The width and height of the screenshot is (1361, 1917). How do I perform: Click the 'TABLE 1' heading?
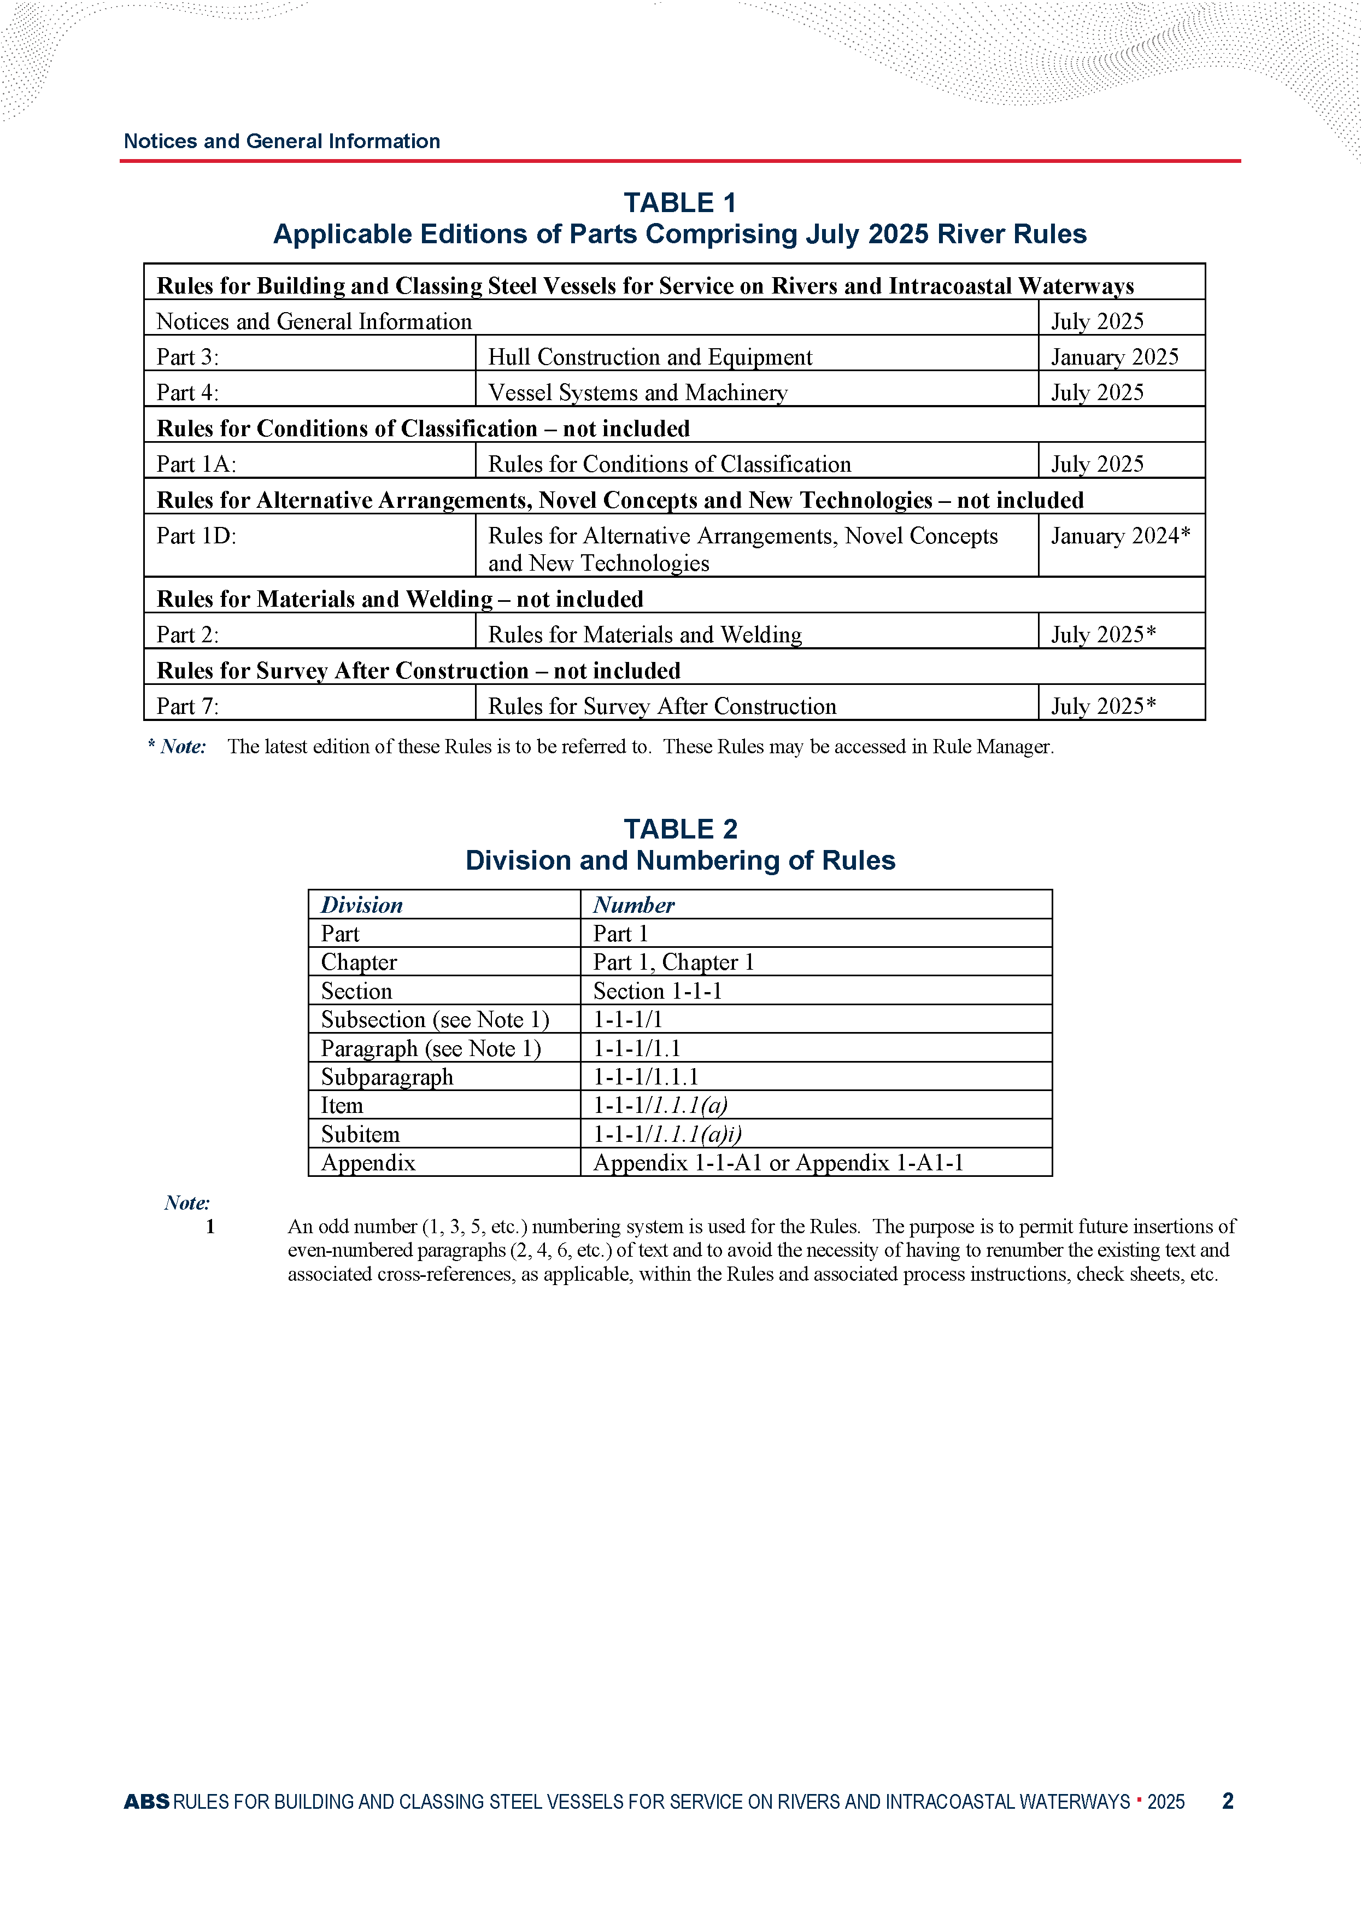[x=679, y=203]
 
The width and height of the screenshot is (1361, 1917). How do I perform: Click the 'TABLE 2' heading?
[x=679, y=829]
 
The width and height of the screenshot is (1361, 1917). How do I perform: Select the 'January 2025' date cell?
[x=1114, y=357]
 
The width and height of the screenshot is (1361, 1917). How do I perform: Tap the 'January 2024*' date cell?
[x=1119, y=536]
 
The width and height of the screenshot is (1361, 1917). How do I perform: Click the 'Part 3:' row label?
[x=187, y=357]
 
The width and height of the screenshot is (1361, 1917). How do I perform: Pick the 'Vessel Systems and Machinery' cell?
[x=638, y=393]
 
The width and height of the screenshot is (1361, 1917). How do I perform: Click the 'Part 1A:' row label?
[x=196, y=464]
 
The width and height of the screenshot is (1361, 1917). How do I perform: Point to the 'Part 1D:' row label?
[x=196, y=536]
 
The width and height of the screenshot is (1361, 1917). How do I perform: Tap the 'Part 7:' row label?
[x=187, y=706]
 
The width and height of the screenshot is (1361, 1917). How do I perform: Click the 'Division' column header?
[x=361, y=905]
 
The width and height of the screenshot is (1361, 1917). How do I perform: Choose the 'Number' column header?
[x=633, y=905]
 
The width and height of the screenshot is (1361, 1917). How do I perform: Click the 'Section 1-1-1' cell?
[x=657, y=991]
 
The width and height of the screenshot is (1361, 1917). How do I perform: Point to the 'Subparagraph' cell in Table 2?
[x=386, y=1077]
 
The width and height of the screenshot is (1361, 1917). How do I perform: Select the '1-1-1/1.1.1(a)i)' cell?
[x=667, y=1134]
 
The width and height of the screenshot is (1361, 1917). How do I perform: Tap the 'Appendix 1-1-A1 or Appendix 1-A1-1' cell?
[x=778, y=1163]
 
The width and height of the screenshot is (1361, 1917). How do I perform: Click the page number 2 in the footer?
[x=1228, y=1801]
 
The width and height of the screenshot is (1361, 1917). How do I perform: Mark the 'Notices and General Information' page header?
[x=281, y=141]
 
